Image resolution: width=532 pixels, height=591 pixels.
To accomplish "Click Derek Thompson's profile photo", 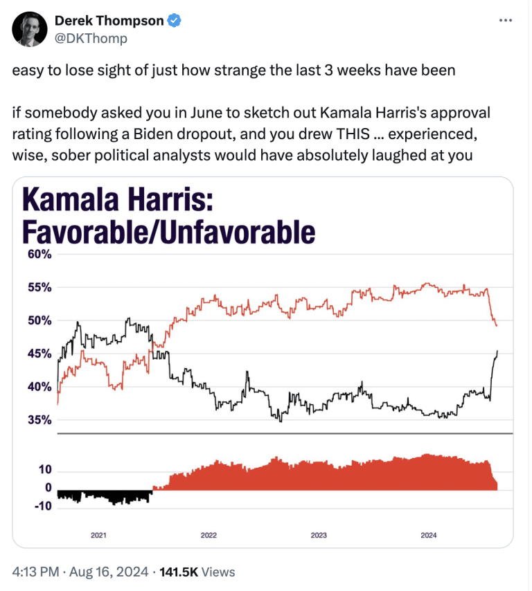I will coord(29,29).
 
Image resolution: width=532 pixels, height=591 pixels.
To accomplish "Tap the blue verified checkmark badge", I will coord(175,21).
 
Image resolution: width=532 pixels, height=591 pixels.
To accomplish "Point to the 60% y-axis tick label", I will coord(40,254).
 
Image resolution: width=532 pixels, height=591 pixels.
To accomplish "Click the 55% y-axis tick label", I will coord(40,287).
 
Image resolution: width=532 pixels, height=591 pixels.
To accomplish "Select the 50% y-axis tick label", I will coord(40,320).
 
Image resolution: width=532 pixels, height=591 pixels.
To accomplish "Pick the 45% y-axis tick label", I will coord(40,354).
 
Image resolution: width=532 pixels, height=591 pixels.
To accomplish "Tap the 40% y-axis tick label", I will coord(40,387).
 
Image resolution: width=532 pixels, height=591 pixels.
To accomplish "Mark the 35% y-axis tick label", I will coord(40,419).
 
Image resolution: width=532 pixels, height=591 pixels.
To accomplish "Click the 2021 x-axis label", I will coord(98,536).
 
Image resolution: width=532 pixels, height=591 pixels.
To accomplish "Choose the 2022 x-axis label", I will coord(209,536).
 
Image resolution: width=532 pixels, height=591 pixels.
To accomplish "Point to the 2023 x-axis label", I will coord(319,536).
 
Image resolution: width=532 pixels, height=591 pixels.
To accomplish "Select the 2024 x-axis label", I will coord(429,536).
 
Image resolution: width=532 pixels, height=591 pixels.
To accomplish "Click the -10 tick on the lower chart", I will coord(44,506).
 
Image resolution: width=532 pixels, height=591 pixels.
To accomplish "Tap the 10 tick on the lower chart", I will coord(45,470).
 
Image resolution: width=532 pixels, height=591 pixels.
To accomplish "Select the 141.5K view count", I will coord(179,572).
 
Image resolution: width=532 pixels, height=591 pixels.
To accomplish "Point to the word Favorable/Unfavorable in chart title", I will coord(169,232).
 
